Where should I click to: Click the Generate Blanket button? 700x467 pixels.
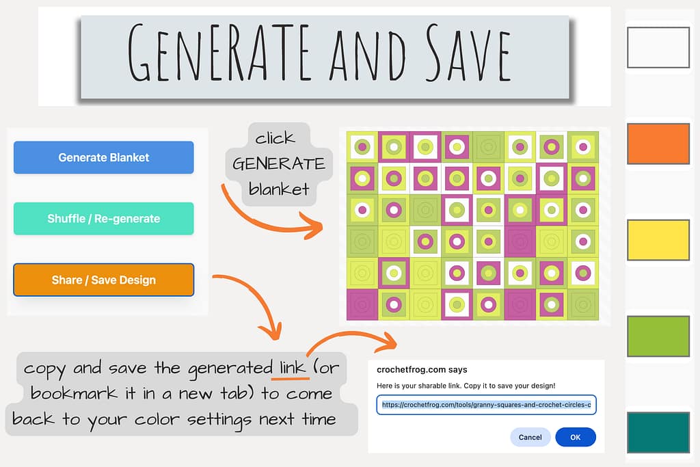click(x=104, y=157)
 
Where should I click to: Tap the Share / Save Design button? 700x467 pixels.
click(x=104, y=280)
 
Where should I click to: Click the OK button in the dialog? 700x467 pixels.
click(x=576, y=437)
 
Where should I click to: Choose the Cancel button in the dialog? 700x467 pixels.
click(x=530, y=437)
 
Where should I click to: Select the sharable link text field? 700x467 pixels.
click(x=486, y=405)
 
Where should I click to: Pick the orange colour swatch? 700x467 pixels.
click(x=658, y=144)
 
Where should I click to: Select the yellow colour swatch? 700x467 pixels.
click(x=658, y=240)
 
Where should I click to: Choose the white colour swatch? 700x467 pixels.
click(x=658, y=47)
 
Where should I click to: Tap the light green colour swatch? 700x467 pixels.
click(x=658, y=336)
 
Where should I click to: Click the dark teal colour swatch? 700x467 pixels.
click(x=658, y=432)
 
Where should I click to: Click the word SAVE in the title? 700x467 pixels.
click(x=468, y=53)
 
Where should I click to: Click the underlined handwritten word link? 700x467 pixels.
click(x=293, y=367)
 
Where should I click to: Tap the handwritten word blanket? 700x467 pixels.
click(x=279, y=189)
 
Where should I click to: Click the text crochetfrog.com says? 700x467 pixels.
click(x=422, y=370)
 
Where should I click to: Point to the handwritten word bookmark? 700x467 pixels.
click(x=74, y=393)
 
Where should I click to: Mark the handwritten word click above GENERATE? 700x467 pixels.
click(x=275, y=137)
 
